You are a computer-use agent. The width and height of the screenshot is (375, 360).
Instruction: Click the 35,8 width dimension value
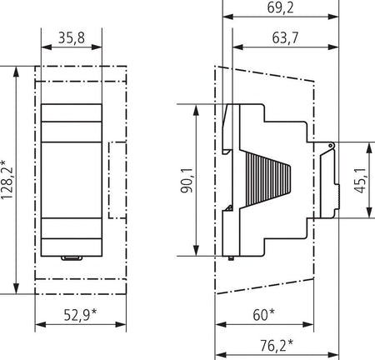[x=72, y=37]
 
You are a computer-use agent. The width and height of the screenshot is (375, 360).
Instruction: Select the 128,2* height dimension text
[x=7, y=179]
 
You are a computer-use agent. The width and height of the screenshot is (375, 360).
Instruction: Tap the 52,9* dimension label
[x=81, y=315]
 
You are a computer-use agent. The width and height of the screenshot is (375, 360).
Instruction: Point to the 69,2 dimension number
[x=280, y=7]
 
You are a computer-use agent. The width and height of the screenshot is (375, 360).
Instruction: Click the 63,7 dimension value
[x=285, y=37]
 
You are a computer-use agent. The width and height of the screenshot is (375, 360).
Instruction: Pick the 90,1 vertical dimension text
[x=187, y=180]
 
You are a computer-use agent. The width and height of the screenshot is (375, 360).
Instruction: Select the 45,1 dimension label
[x=360, y=180]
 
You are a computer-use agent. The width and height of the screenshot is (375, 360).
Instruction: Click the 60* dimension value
[x=263, y=315]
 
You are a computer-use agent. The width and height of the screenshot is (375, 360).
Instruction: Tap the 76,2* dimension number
[x=277, y=345]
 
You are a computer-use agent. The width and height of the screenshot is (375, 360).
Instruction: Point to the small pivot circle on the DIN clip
[x=331, y=146]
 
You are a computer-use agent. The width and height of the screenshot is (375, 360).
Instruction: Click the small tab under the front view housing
[x=72, y=258]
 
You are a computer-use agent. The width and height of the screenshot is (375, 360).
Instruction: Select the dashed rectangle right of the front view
[x=117, y=180]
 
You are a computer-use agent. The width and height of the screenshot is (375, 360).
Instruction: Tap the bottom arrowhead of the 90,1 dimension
[x=196, y=250]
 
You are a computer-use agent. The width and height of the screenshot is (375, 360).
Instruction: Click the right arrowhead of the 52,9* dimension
[x=121, y=324]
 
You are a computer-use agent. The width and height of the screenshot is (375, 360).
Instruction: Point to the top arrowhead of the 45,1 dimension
[x=369, y=147]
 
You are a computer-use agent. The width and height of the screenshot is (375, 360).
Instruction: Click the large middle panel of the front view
[x=72, y=180]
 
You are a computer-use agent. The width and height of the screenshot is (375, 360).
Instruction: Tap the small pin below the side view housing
[x=231, y=258]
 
